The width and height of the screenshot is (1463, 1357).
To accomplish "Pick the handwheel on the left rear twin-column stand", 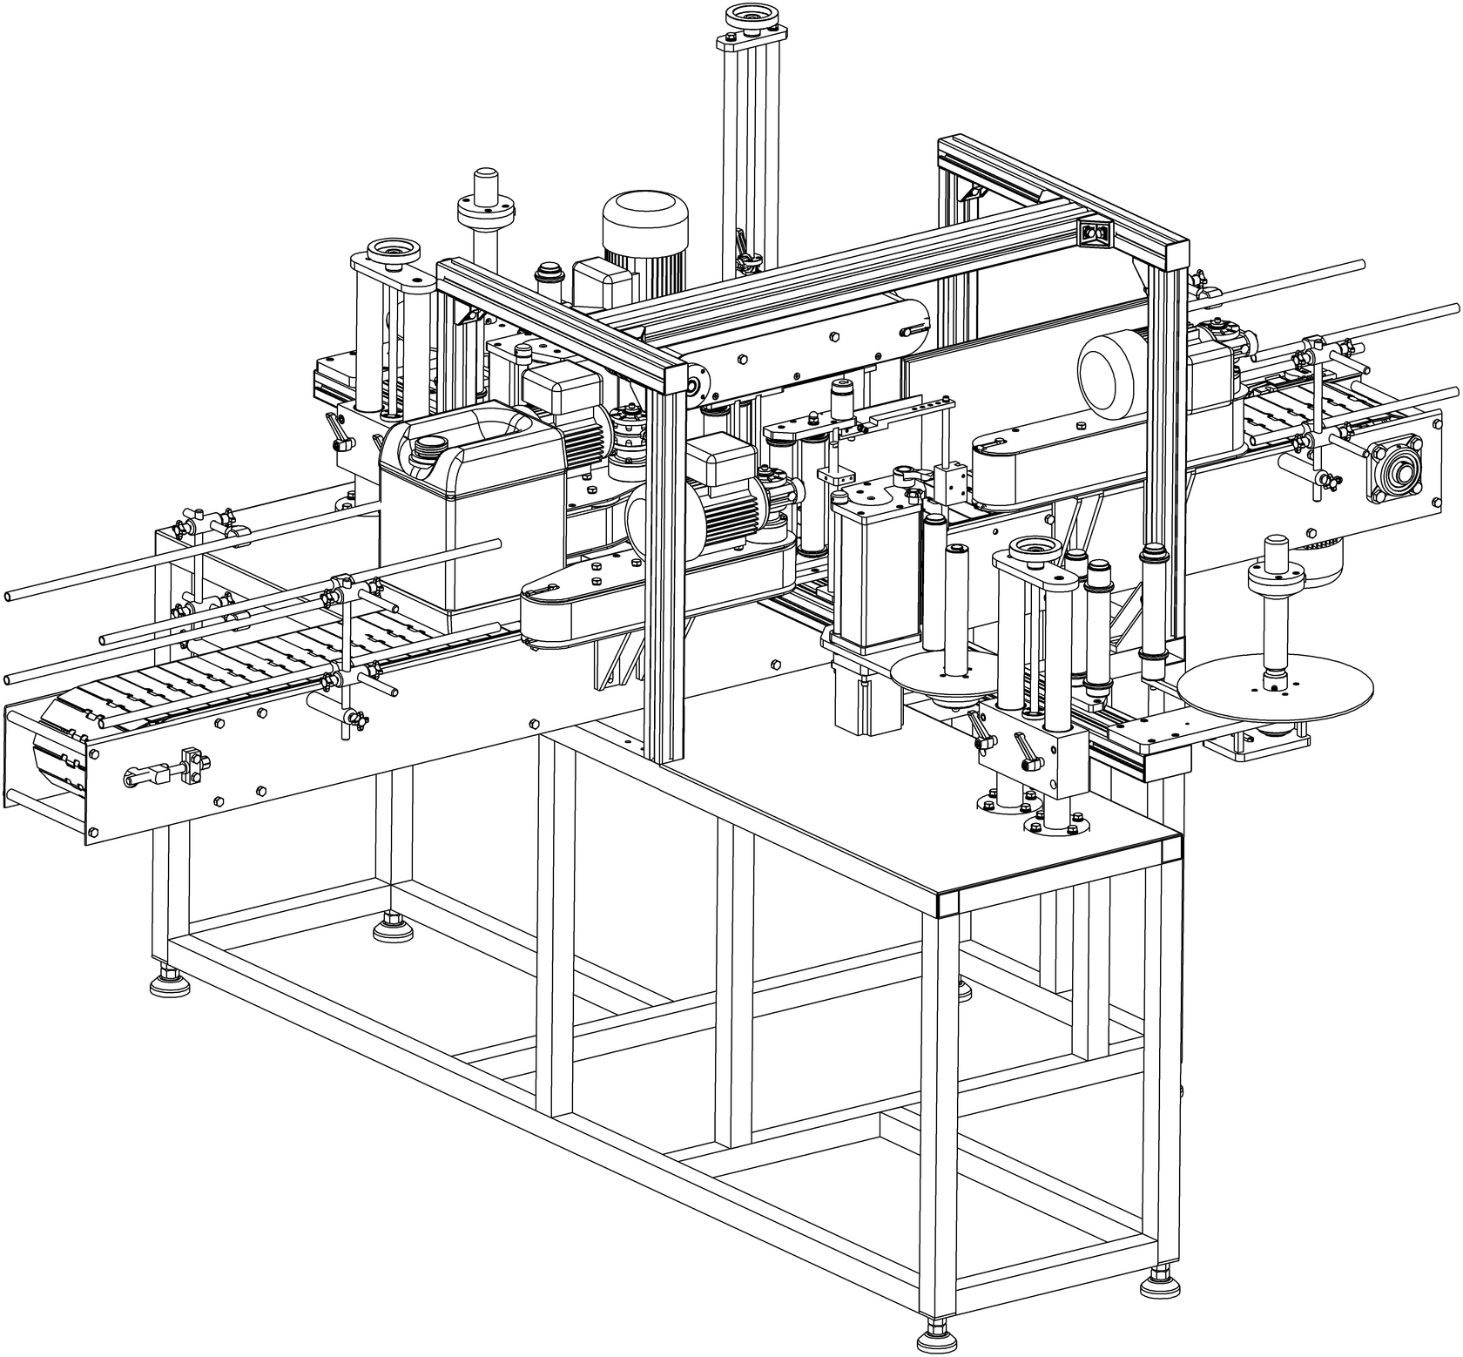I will [393, 253].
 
